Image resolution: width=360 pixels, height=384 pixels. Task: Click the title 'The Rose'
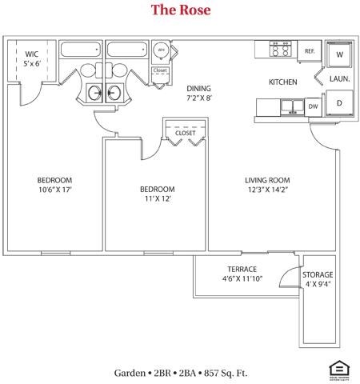(179, 10)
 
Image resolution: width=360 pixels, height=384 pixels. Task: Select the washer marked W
(338, 54)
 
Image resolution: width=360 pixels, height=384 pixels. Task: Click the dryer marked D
(338, 104)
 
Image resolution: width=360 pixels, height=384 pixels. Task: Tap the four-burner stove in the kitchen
(281, 50)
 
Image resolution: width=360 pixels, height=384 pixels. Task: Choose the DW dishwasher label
(313, 106)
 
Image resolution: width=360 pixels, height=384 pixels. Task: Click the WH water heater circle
(161, 50)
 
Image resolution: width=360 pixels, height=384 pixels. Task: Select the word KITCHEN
(282, 82)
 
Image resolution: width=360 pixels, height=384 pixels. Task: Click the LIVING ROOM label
(267, 180)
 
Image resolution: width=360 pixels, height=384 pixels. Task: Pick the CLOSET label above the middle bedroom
(185, 133)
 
